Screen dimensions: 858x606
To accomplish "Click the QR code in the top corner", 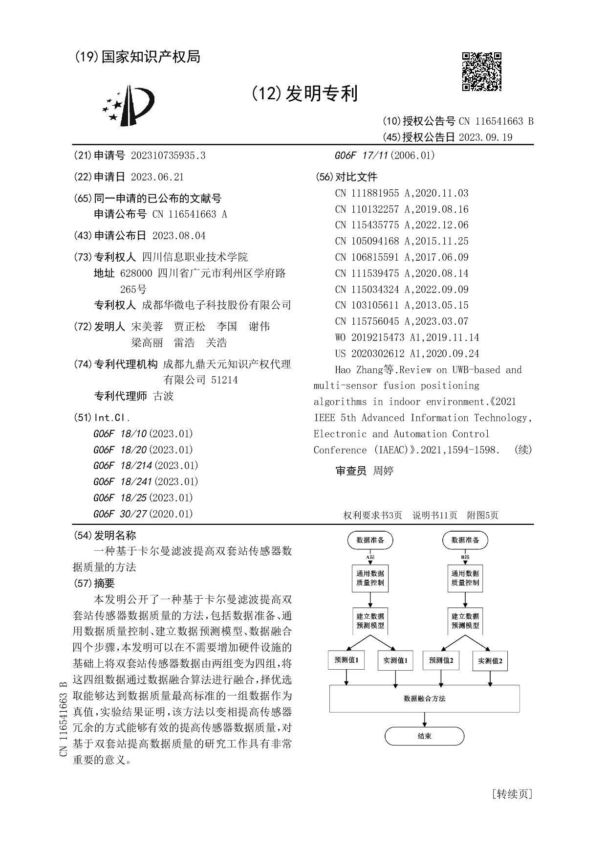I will [x=481, y=71].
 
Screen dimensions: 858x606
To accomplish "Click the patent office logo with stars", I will [x=128, y=105].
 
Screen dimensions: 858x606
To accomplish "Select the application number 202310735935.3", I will [x=168, y=156].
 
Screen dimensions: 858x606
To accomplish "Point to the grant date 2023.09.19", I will [x=485, y=137].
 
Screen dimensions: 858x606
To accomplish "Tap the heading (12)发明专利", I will [x=304, y=93].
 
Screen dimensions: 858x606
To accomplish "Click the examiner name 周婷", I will [x=383, y=471].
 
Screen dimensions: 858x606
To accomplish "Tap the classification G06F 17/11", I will [x=385, y=156].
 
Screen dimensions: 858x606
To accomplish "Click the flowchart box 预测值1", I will [x=346, y=660].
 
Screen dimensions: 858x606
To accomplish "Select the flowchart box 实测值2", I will [x=490, y=661].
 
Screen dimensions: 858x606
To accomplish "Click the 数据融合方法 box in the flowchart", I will [x=424, y=699].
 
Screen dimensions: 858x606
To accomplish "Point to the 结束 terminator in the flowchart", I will [x=424, y=736].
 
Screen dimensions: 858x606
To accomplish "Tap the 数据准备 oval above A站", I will [x=370, y=540].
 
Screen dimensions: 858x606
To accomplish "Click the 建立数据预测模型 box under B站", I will [x=465, y=621].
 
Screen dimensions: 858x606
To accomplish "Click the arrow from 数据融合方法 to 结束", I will [x=424, y=720].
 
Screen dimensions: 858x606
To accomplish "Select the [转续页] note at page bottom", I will [x=512, y=793].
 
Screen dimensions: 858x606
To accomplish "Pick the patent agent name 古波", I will [x=164, y=396].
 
